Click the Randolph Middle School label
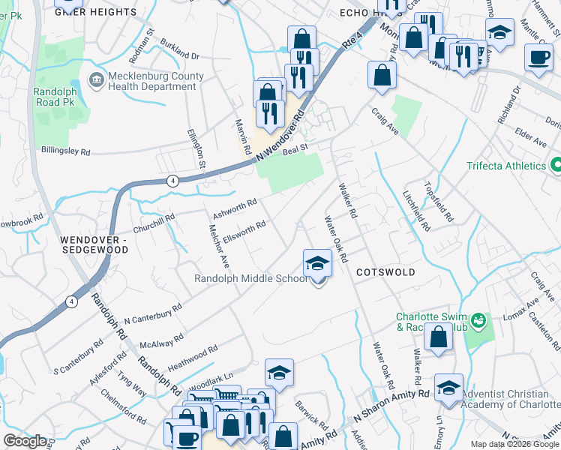click(250, 278)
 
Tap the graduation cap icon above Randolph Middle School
click(318, 263)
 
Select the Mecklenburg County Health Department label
click(156, 81)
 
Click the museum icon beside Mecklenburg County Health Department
click(97, 79)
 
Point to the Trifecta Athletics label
click(505, 166)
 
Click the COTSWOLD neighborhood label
click(385, 272)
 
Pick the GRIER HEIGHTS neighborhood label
click(96, 12)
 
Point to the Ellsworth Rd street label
click(244, 228)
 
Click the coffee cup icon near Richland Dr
click(537, 58)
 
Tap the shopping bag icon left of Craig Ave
click(382, 74)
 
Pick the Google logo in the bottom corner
click(25, 441)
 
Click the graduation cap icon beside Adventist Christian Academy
click(448, 388)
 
